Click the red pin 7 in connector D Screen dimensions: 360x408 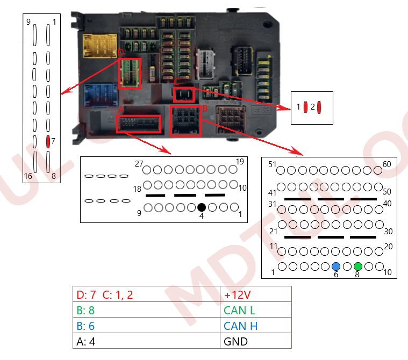pyautogui.click(x=48, y=141)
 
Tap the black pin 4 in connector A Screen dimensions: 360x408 pyautogui.click(x=201, y=207)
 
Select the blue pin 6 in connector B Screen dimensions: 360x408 pyautogui.click(x=336, y=266)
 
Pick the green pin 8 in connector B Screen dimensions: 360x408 pyautogui.click(x=358, y=266)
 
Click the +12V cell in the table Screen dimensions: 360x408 pyautogui.click(x=256, y=294)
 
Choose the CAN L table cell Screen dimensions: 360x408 pyautogui.click(x=256, y=310)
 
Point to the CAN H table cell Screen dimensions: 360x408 pyautogui.click(x=256, y=326)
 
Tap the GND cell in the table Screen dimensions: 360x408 pyautogui.click(x=256, y=341)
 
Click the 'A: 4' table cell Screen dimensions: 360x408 pyautogui.click(x=146, y=341)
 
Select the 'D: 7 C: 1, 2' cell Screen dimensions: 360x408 pyautogui.click(x=146, y=294)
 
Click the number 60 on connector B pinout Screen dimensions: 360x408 pyautogui.click(x=387, y=164)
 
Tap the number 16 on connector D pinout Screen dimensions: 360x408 pyautogui.click(x=28, y=176)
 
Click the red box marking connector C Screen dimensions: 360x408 pyautogui.click(x=184, y=95)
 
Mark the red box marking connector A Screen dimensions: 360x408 pyautogui.click(x=139, y=124)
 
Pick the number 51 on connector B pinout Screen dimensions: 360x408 pyautogui.click(x=272, y=164)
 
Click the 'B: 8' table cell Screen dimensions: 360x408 pyautogui.click(x=146, y=310)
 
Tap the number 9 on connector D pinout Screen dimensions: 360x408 pyautogui.click(x=28, y=22)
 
